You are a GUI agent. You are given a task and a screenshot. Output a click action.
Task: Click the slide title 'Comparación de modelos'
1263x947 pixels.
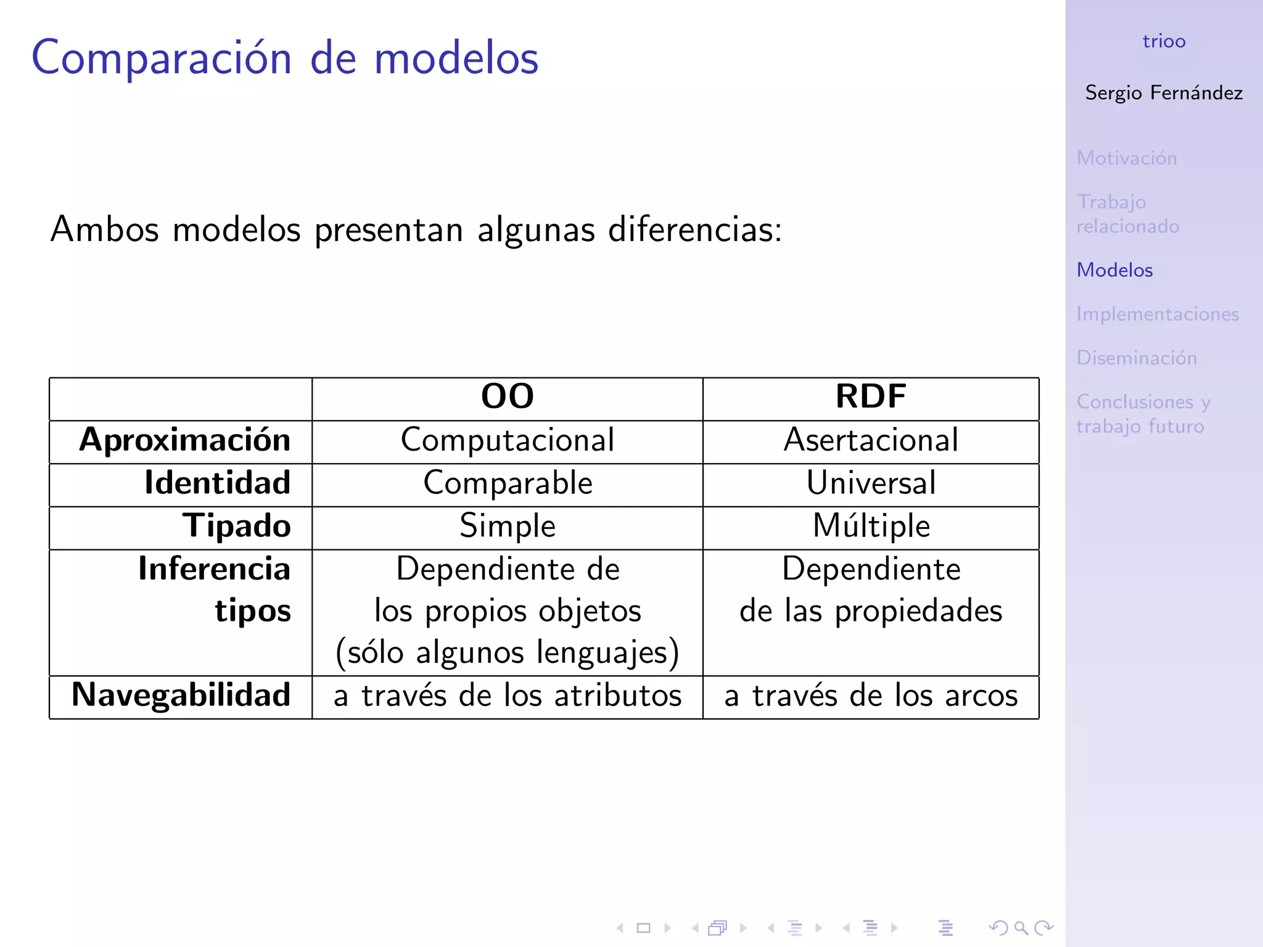(x=285, y=58)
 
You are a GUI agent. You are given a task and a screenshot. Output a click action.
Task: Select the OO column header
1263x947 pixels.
(x=507, y=396)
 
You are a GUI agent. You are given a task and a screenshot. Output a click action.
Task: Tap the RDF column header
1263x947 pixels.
(x=871, y=396)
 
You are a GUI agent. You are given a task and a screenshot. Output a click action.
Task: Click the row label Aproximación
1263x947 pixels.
(x=184, y=440)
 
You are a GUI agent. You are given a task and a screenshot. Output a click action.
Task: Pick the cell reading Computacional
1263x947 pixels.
(x=507, y=440)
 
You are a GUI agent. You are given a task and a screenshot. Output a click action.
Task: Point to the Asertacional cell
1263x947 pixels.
(x=871, y=440)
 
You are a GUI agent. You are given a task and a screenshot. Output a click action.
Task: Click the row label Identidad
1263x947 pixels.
(x=217, y=483)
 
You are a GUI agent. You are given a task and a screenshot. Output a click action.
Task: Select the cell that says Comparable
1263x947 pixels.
(x=507, y=483)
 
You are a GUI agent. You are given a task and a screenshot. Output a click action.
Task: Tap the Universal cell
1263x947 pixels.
(x=871, y=483)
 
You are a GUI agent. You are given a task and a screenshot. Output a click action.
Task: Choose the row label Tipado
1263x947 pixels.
(x=236, y=526)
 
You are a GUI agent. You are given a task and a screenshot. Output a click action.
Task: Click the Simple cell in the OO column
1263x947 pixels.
(x=507, y=526)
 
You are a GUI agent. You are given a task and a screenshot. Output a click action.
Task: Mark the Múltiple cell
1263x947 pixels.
(x=871, y=526)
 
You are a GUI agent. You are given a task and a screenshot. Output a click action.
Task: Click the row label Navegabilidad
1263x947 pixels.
(x=181, y=695)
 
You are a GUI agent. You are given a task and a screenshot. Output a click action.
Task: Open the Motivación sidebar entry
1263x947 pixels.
(x=1127, y=158)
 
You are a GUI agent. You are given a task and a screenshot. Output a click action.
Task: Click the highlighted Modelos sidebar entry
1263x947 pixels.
(x=1114, y=270)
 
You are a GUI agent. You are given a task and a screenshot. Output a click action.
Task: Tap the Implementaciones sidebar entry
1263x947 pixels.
(x=1158, y=314)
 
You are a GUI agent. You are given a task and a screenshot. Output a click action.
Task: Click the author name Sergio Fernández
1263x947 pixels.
(x=1164, y=93)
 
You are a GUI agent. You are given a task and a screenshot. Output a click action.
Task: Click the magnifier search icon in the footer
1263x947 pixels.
(x=1021, y=927)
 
